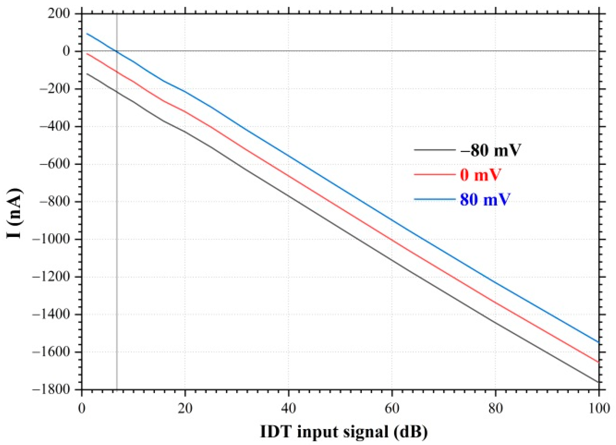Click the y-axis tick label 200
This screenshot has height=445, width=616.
click(x=59, y=14)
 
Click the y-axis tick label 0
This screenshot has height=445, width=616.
click(x=66, y=51)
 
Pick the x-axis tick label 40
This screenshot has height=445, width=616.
click(x=288, y=408)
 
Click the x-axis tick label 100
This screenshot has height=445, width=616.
click(x=599, y=408)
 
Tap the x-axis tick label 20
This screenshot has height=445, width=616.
click(x=185, y=408)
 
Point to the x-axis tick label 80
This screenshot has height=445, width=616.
click(x=495, y=408)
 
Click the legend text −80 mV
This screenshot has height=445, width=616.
click(x=490, y=150)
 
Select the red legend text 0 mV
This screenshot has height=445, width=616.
click(x=480, y=175)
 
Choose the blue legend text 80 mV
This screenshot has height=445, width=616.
click(x=485, y=199)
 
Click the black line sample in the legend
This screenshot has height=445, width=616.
click(x=434, y=150)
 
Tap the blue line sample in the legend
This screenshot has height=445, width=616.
click(x=434, y=199)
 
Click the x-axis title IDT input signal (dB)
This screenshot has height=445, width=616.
click(x=344, y=432)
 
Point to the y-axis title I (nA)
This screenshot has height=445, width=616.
click(x=15, y=213)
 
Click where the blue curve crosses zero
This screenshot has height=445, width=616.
click(x=116, y=51)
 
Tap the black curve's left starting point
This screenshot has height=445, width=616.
click(x=87, y=73)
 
